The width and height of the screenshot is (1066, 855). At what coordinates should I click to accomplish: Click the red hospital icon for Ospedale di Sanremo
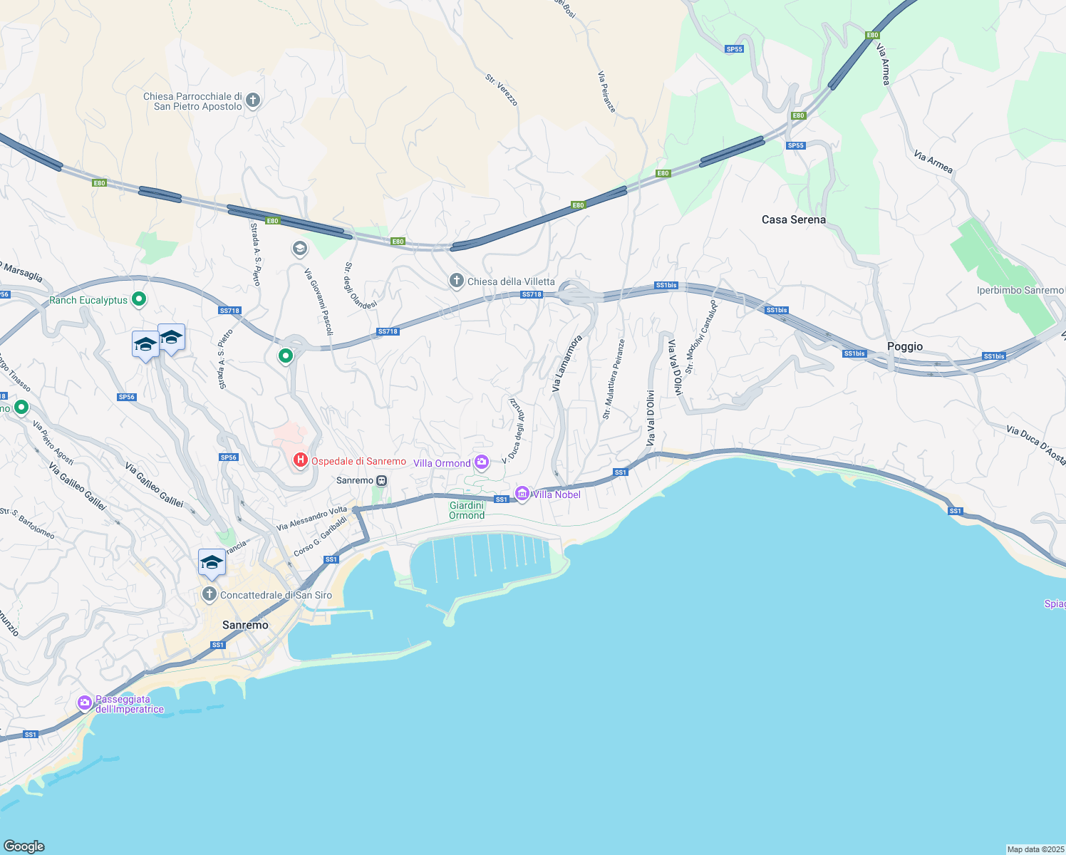click(x=301, y=460)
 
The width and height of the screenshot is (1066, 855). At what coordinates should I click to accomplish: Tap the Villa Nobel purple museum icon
click(x=522, y=494)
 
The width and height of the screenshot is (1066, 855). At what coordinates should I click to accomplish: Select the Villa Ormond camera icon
click(x=482, y=463)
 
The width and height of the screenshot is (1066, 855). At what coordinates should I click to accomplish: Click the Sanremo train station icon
click(x=382, y=481)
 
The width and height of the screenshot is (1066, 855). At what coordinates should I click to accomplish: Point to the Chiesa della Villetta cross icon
click(x=456, y=281)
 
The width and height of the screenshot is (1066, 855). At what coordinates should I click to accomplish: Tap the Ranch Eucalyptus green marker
click(x=140, y=300)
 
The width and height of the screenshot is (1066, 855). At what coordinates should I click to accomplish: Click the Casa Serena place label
click(x=793, y=219)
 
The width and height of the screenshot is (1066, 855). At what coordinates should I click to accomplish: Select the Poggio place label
click(x=904, y=346)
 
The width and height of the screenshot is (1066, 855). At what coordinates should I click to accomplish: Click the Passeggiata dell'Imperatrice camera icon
click(x=85, y=703)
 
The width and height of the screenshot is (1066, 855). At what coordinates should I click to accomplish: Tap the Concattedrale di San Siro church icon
click(x=209, y=594)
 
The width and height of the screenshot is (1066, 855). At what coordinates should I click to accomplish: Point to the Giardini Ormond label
click(x=467, y=510)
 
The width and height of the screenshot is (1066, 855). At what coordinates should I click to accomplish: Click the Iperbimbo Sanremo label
click(x=1019, y=290)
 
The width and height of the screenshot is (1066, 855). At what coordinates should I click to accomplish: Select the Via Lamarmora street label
click(x=566, y=363)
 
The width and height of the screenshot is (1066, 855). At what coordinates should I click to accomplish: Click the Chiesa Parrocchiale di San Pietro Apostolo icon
click(x=253, y=101)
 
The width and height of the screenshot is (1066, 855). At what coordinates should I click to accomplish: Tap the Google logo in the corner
click(x=24, y=846)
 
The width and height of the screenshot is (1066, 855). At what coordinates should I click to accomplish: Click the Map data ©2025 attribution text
click(x=1035, y=849)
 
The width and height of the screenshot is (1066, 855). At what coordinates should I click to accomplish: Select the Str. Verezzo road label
click(x=502, y=90)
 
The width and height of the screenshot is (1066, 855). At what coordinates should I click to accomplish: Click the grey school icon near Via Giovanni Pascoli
click(x=300, y=249)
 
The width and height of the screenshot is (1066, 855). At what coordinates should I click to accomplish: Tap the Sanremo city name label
click(x=245, y=625)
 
